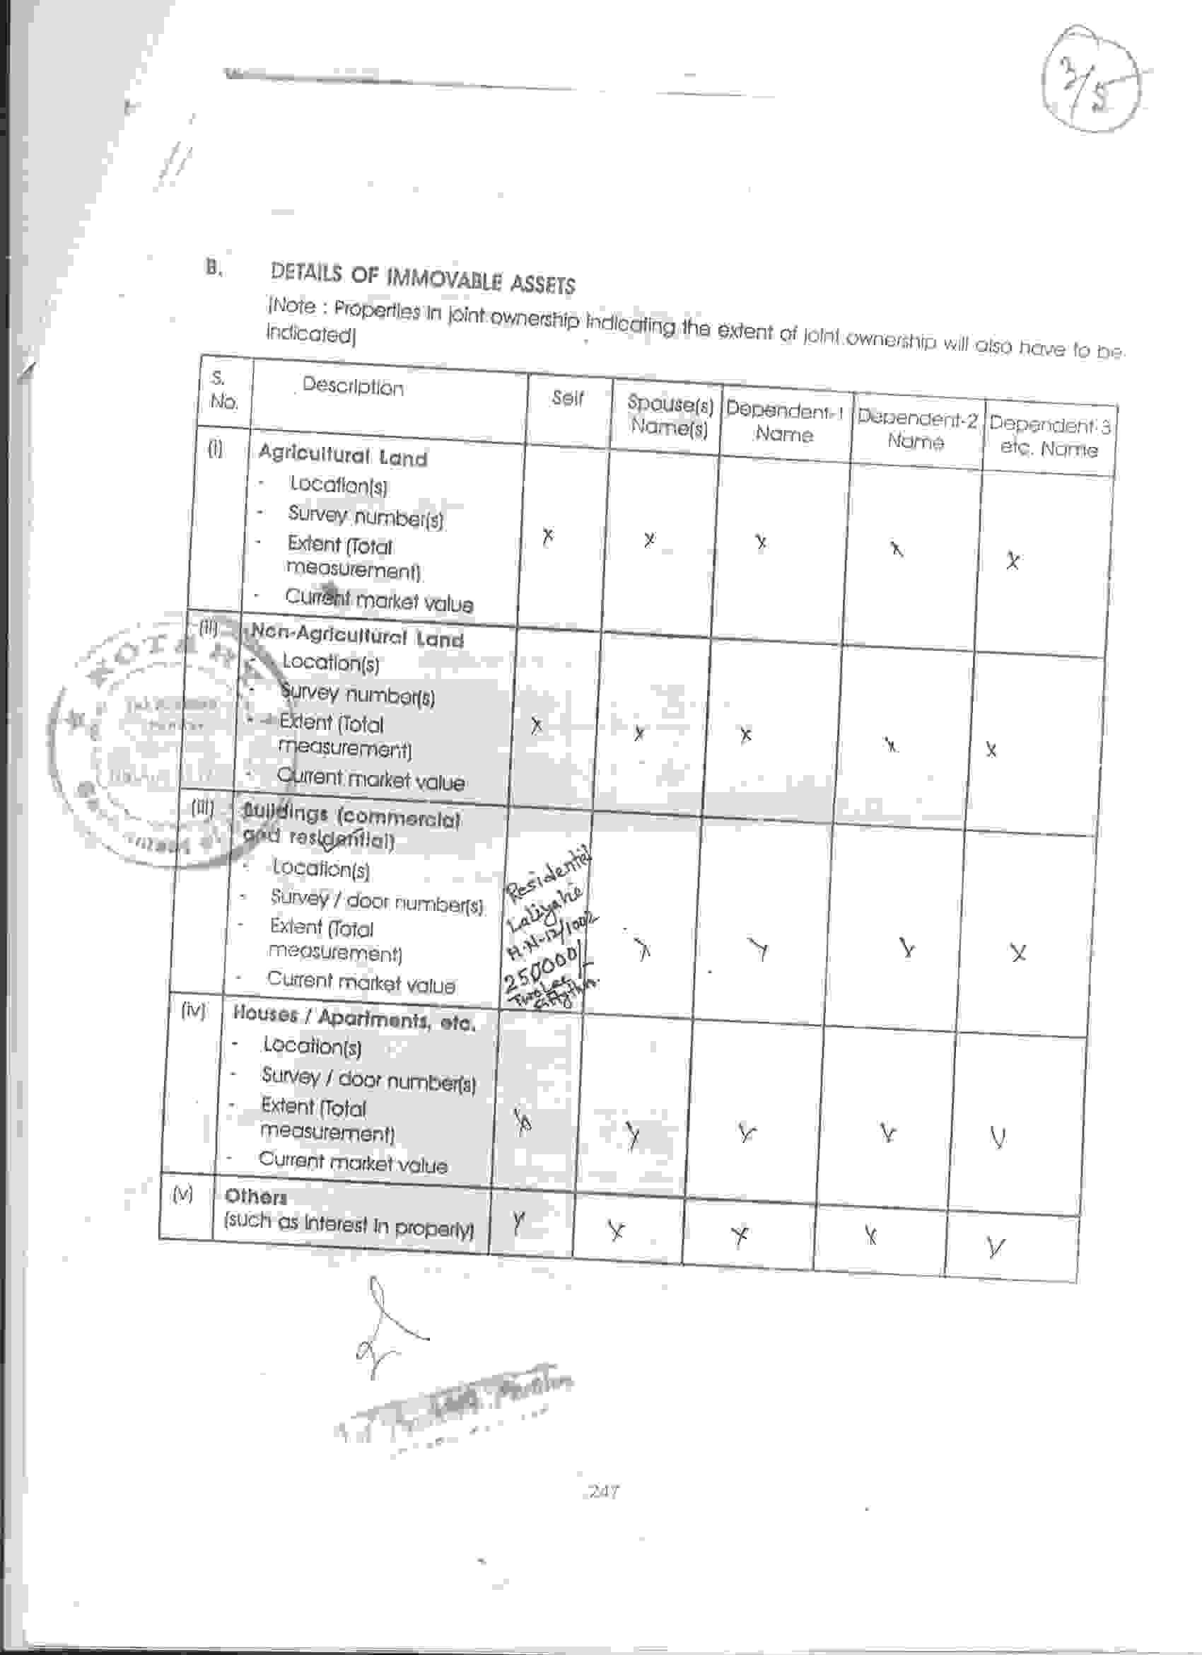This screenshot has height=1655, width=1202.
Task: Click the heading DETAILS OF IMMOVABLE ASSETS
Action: pyautogui.click(x=422, y=279)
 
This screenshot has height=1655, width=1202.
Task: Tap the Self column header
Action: pyautogui.click(x=568, y=397)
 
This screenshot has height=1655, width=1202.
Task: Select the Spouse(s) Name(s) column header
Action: pyautogui.click(x=669, y=415)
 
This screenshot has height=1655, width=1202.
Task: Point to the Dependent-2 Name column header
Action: pyautogui.click(x=916, y=430)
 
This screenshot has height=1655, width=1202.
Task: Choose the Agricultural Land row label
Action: pyautogui.click(x=342, y=456)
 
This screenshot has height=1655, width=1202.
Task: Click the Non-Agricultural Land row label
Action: pyautogui.click(x=356, y=637)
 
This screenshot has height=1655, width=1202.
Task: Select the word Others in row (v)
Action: pyautogui.click(x=255, y=1195)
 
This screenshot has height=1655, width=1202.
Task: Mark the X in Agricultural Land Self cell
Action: pyautogui.click(x=548, y=536)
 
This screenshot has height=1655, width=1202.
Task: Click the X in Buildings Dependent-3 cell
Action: pyautogui.click(x=1018, y=952)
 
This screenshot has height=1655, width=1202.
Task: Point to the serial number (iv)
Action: pyautogui.click(x=192, y=1010)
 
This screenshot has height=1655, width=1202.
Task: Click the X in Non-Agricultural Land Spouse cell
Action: pyautogui.click(x=639, y=733)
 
